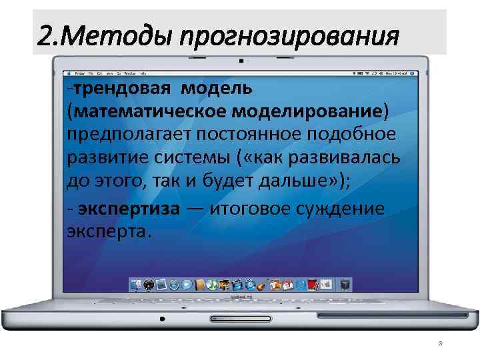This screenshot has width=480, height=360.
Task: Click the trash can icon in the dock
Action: (x=345, y=285)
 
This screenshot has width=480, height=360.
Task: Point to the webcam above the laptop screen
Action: (x=240, y=60)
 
